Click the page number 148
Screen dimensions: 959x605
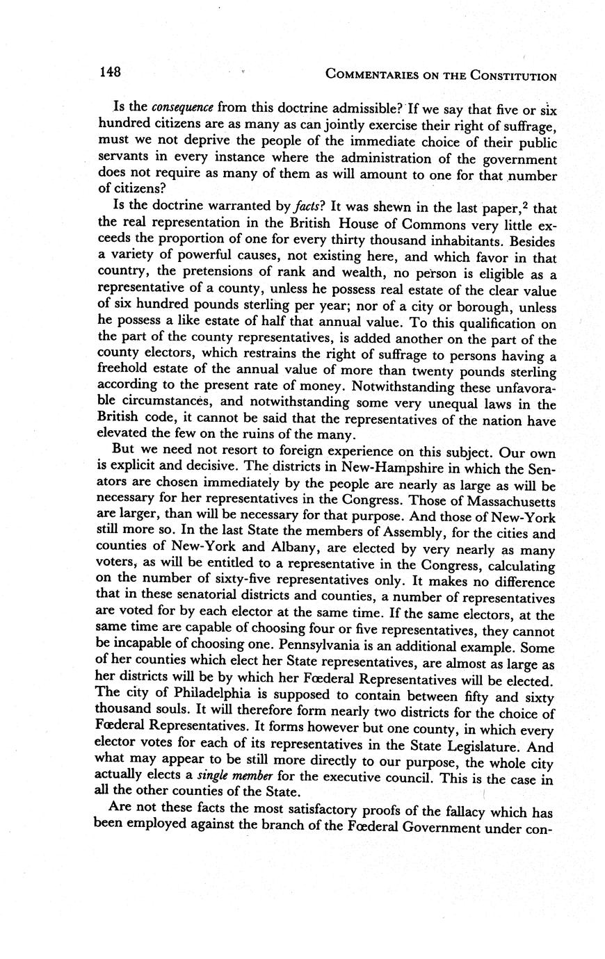click(110, 72)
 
